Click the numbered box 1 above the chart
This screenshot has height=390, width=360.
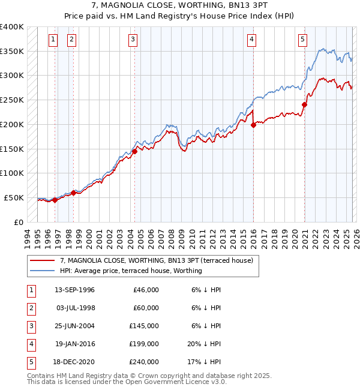point(53,40)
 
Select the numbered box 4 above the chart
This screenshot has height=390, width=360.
point(251,40)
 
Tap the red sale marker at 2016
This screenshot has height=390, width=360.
point(253,125)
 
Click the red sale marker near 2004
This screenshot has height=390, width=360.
point(134,151)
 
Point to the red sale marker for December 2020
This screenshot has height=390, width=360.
point(304,104)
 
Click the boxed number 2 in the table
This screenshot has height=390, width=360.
point(30,308)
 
